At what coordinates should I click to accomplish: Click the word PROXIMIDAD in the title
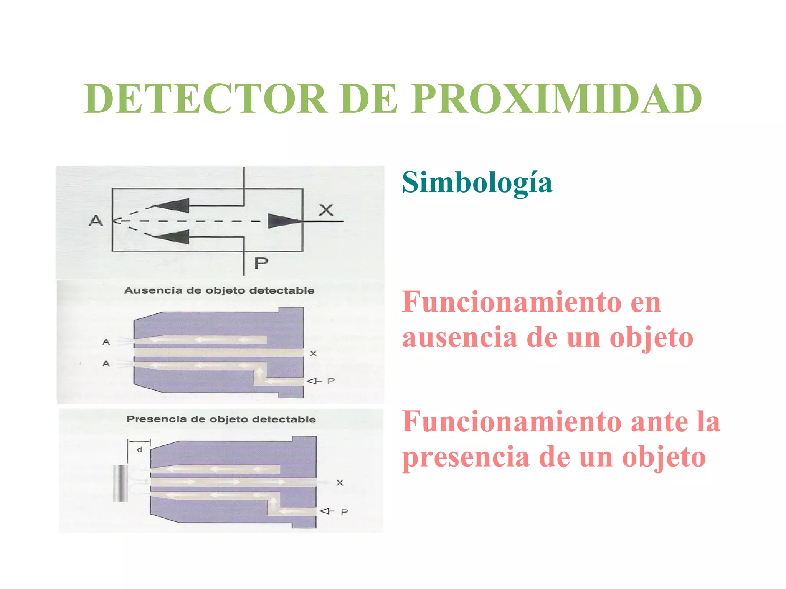click(x=556, y=99)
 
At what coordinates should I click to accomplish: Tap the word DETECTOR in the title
click(x=205, y=99)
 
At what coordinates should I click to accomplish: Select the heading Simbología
click(x=477, y=183)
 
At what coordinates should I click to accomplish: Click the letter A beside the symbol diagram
click(x=96, y=221)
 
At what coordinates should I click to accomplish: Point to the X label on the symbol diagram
click(x=326, y=210)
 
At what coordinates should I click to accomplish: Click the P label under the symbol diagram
click(x=261, y=263)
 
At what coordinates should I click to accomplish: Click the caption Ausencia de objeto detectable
click(x=219, y=290)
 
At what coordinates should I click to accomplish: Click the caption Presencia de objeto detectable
click(x=221, y=419)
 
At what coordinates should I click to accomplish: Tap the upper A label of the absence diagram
click(x=106, y=342)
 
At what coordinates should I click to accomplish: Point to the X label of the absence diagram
click(x=313, y=353)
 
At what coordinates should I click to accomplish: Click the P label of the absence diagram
click(x=331, y=381)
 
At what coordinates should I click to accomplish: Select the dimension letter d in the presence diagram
click(x=140, y=449)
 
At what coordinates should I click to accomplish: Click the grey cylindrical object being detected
click(x=120, y=483)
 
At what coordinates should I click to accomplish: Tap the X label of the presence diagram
click(x=340, y=483)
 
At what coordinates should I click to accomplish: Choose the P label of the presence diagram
click(x=344, y=512)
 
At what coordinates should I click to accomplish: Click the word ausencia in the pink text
click(x=459, y=338)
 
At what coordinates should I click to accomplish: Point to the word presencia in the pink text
click(x=466, y=457)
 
